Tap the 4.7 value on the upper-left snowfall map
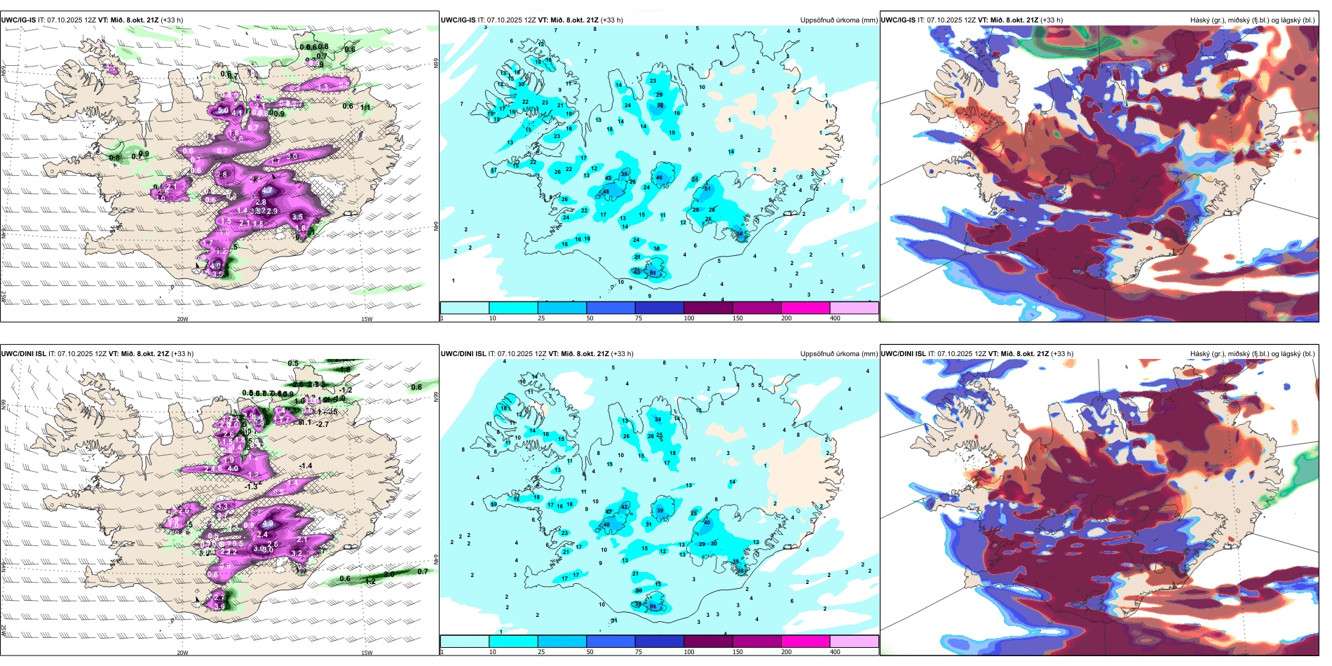[267, 190]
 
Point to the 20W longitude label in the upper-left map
[182, 319]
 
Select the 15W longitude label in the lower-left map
[367, 653]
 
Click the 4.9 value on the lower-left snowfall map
[267, 523]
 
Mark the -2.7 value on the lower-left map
[322, 424]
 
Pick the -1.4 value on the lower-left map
[306, 465]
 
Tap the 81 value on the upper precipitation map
[653, 273]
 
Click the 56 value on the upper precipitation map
[740, 233]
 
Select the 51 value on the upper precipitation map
[707, 189]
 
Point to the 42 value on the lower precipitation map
[624, 506]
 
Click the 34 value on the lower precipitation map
[658, 419]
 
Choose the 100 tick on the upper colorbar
[689, 318]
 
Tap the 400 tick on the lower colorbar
[835, 652]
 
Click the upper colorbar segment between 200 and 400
[854, 308]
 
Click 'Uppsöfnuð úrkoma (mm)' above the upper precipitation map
[838, 20]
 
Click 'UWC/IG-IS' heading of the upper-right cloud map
[898, 20]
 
